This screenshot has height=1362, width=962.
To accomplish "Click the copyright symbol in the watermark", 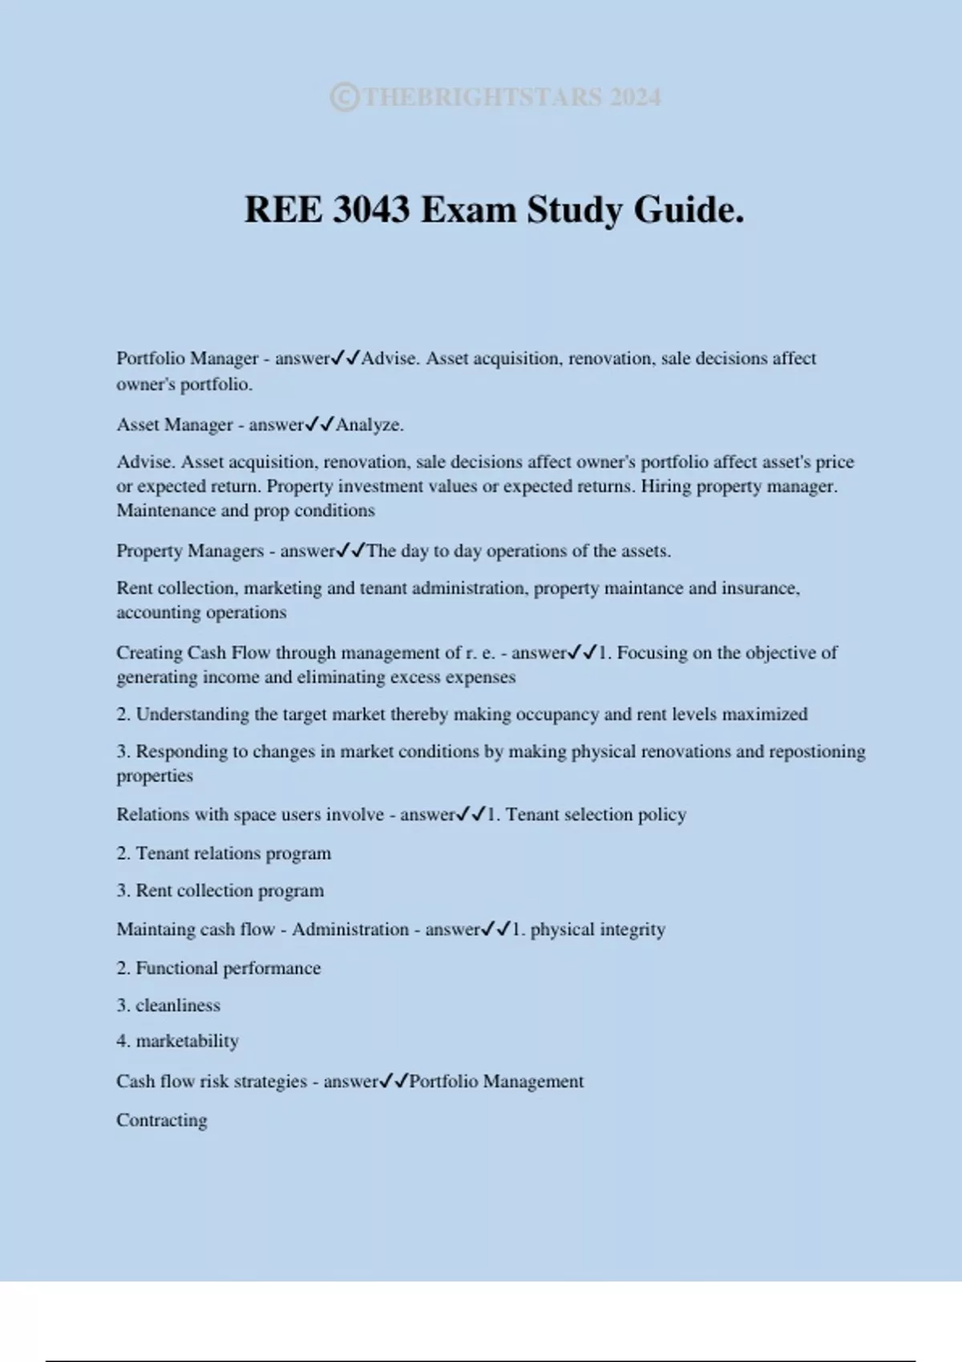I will (x=345, y=97).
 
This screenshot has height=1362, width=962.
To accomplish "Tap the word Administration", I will (x=350, y=929).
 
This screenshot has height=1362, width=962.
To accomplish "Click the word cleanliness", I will (x=178, y=1005).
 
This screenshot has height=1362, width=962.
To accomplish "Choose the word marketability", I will (x=188, y=1042).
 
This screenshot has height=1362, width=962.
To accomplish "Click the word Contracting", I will (x=162, y=1120).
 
